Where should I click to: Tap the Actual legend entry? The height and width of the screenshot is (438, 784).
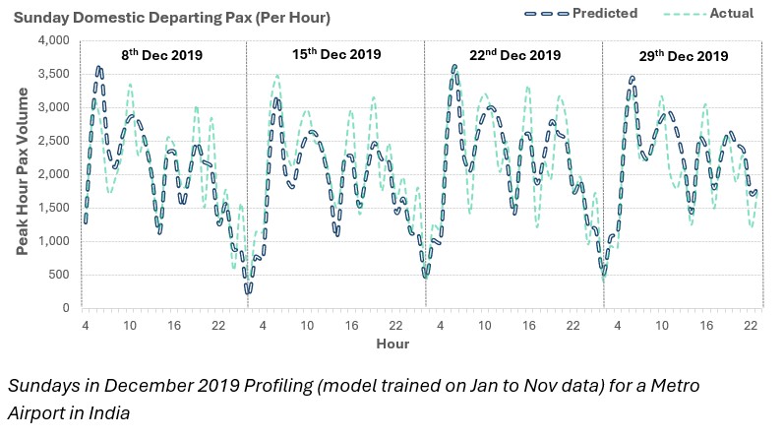click(731, 14)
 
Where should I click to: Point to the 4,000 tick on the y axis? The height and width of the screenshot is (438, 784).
click(53, 40)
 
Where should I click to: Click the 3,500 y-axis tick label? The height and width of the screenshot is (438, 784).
click(53, 74)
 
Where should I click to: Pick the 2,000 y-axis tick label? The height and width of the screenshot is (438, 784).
click(53, 174)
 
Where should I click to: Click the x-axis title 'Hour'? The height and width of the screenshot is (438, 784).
click(392, 344)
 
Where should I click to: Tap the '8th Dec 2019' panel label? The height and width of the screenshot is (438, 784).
click(162, 56)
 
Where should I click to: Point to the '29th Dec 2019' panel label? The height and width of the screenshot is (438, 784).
click(682, 56)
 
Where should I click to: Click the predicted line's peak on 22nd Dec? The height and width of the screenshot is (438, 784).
click(453, 67)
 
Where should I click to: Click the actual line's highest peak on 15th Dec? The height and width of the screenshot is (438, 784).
click(277, 75)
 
